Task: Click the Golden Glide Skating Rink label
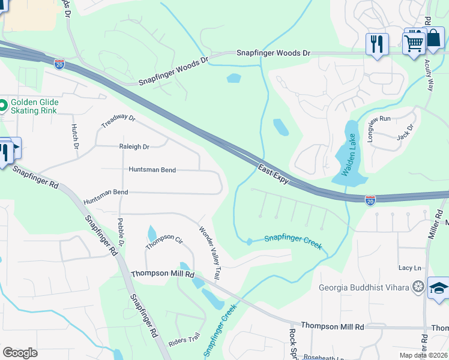coord(33,106)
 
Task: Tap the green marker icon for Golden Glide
coord(3,106)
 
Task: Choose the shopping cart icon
coord(414,42)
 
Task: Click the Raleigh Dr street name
coord(134,146)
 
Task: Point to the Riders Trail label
coord(185,340)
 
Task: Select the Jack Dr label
coord(406,132)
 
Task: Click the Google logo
coord(20,353)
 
